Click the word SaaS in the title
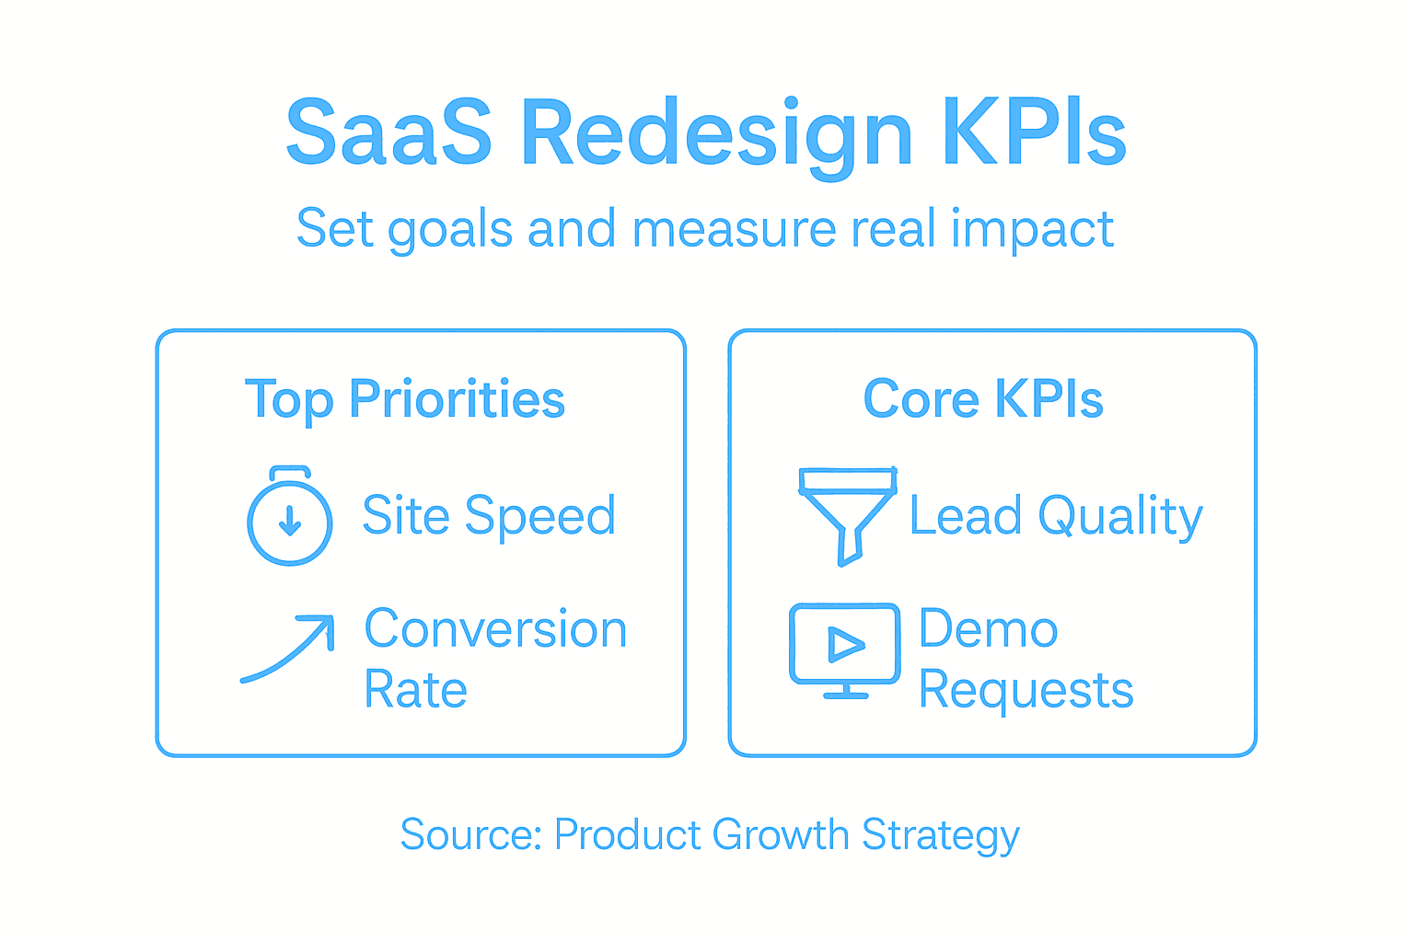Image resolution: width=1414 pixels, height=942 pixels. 388,132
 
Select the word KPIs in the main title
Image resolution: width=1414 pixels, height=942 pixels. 1033,132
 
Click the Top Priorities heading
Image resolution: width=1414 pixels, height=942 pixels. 405,399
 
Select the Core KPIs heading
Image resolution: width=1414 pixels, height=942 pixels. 983,399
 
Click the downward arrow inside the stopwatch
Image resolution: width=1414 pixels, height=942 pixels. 290,521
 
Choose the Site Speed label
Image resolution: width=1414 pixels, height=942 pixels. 489,515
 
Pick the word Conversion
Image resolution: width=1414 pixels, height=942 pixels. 495,629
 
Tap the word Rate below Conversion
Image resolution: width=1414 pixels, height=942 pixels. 416,689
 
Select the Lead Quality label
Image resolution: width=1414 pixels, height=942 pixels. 1056,515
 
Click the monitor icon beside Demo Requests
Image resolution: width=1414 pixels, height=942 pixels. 845,649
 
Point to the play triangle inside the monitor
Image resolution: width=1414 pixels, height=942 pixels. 845,644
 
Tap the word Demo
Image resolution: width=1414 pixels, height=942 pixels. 989,629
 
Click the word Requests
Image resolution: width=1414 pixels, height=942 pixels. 1026,689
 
